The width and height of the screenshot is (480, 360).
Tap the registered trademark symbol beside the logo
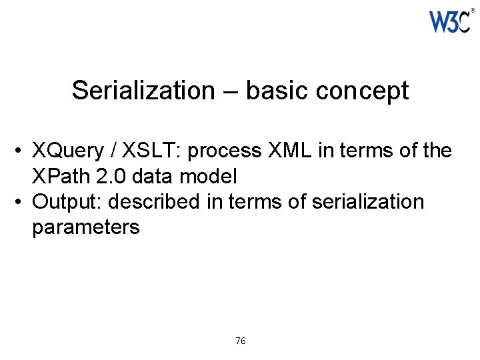[x=473, y=11]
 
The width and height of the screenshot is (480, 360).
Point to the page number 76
[x=241, y=341]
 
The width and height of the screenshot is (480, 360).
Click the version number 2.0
[x=117, y=177]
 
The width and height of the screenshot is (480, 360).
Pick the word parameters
[x=85, y=227]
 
